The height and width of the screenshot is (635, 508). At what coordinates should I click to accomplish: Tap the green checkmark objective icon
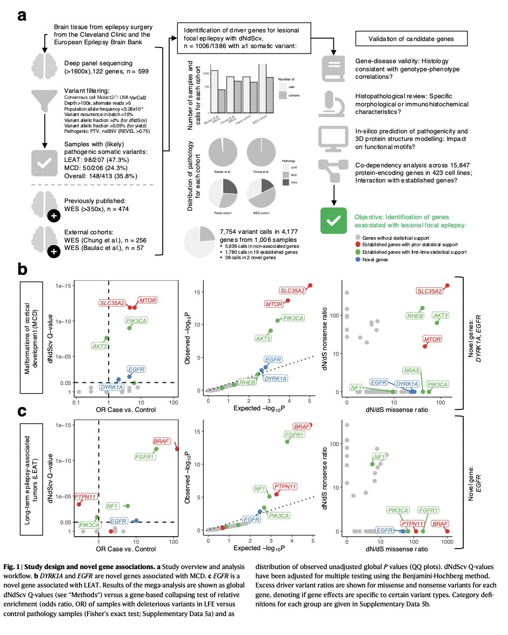[333, 220]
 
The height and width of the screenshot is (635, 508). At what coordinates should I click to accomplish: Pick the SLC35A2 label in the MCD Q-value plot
[112, 302]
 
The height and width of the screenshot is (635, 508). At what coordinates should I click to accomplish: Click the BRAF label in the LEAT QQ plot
[302, 427]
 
